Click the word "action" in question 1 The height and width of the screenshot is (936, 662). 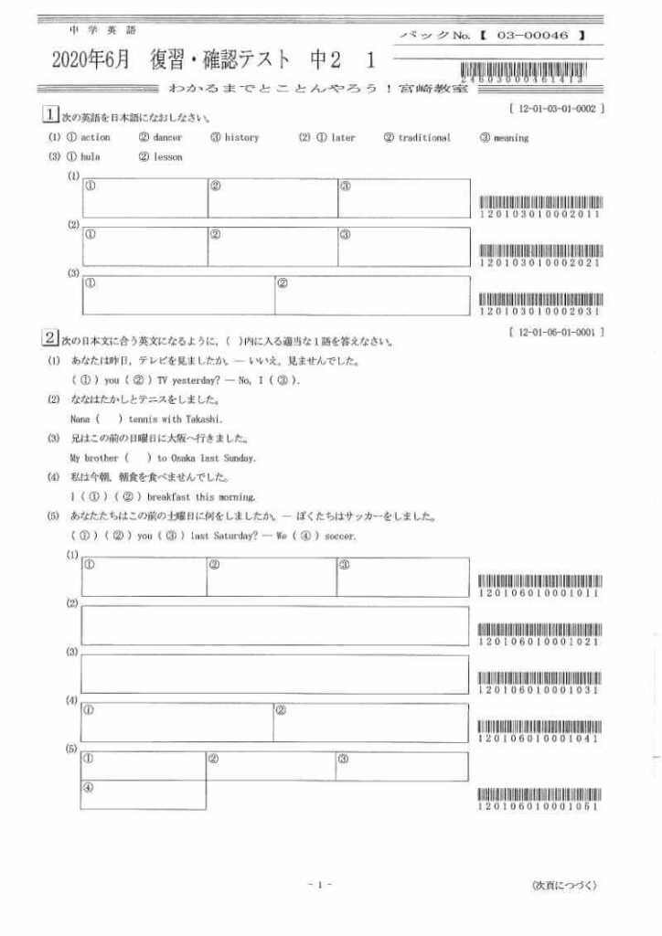(x=95, y=138)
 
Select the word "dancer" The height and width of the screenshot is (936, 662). (x=167, y=138)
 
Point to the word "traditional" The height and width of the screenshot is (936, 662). (x=424, y=138)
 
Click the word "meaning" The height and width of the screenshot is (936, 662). (x=511, y=138)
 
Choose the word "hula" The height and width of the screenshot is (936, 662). (x=90, y=157)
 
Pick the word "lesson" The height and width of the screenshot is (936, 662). (x=167, y=157)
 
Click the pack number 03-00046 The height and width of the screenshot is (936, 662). (x=533, y=34)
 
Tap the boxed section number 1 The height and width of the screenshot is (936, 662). (x=50, y=115)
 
